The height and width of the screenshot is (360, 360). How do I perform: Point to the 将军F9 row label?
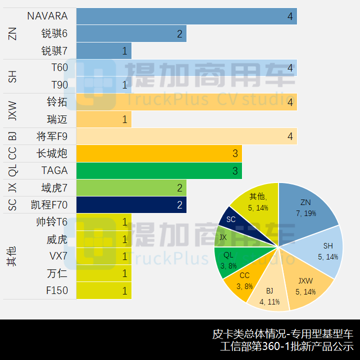point(52,136)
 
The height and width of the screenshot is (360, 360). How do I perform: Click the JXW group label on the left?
point(13,110)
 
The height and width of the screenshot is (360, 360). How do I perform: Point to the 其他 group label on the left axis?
point(13,256)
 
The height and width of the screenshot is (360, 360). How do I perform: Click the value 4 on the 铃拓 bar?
point(290,102)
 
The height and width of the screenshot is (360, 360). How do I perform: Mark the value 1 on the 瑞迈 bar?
point(124,119)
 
